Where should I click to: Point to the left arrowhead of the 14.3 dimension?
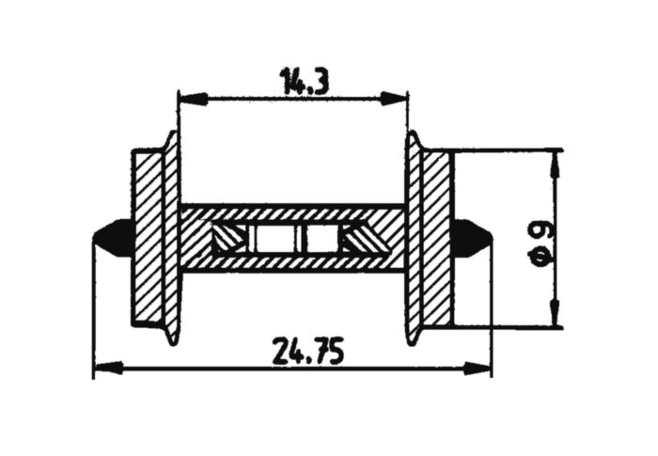click(186, 97)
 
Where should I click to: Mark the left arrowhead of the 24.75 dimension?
click(102, 367)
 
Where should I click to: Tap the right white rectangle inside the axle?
click(321, 239)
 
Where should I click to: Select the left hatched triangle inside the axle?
click(226, 239)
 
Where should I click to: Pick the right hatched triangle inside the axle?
click(362, 239)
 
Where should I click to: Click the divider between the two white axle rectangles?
click(294, 239)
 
